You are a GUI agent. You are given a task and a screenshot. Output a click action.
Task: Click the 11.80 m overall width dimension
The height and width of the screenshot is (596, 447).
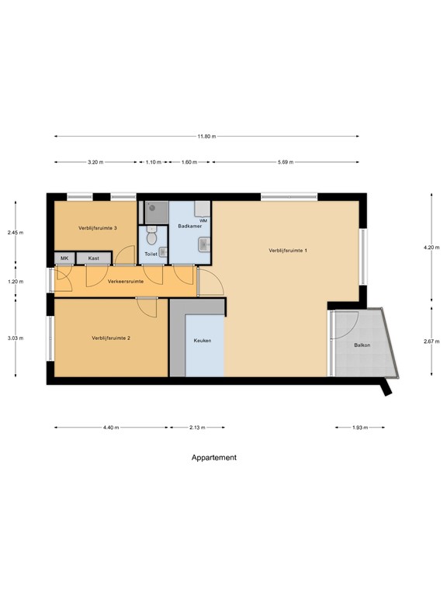(x=206, y=137)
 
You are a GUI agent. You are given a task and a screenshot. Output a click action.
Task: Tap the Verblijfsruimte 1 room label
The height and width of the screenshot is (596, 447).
(x=289, y=250)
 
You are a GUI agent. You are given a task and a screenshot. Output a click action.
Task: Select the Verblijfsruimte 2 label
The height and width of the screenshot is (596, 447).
(x=110, y=338)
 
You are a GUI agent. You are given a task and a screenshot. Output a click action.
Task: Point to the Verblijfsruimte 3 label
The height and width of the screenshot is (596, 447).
(x=97, y=228)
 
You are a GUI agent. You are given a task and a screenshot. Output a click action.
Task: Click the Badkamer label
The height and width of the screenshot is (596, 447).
(x=189, y=227)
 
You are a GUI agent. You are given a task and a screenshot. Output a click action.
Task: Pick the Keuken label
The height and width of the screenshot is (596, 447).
(x=203, y=341)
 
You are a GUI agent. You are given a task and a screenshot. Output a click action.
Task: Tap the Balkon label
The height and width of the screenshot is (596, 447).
(x=362, y=345)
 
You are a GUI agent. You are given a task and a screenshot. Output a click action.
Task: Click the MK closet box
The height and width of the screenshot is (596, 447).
(x=64, y=258)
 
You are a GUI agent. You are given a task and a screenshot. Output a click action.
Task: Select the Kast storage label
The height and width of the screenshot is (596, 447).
(x=93, y=258)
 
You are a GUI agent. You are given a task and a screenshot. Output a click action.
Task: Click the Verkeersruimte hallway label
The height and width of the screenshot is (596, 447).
(x=126, y=280)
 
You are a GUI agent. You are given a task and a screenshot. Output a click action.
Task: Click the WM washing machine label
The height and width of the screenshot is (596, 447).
(x=203, y=221)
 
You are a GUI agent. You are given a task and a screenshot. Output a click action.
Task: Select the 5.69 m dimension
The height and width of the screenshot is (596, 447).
(x=284, y=162)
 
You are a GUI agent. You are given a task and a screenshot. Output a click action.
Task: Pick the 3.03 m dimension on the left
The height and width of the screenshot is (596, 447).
(x=15, y=338)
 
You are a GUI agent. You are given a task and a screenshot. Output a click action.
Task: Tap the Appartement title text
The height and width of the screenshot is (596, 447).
(x=214, y=458)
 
